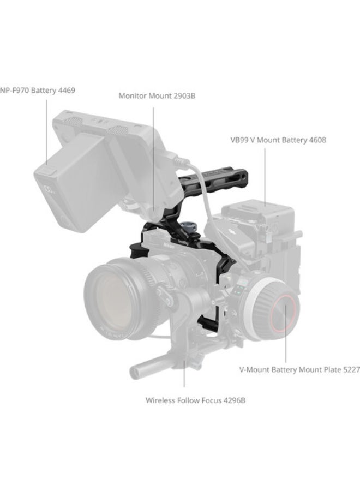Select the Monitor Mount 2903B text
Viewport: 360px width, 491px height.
tap(157, 96)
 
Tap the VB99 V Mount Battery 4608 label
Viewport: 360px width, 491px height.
tap(278, 140)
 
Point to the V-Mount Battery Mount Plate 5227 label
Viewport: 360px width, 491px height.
tap(299, 370)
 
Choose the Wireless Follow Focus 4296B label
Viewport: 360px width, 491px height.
tap(195, 400)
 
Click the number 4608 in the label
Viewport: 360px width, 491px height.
tap(316, 140)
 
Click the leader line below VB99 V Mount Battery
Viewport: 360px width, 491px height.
tap(266, 175)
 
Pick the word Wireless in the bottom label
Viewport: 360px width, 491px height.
tap(161, 400)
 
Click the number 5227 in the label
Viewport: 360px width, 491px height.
tap(349, 370)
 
